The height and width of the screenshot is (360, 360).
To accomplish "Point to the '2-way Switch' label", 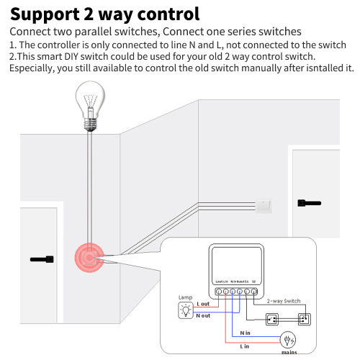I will pyautogui.click(x=284, y=301).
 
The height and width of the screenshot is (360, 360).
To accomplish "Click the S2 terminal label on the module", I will pyautogui.click(x=253, y=280).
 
